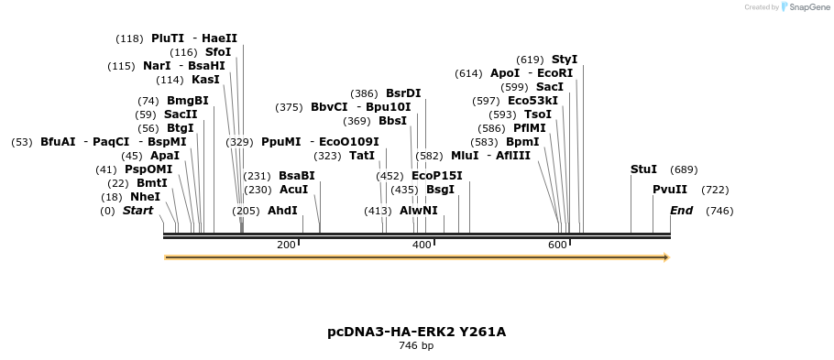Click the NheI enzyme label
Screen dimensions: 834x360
(x=145, y=197)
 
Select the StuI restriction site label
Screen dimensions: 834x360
(x=643, y=169)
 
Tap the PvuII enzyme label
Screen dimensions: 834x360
(x=669, y=190)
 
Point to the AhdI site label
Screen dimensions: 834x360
(x=282, y=211)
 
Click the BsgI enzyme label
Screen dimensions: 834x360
(x=440, y=190)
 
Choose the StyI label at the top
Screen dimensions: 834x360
(x=564, y=60)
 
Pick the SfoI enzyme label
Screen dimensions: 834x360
(x=218, y=52)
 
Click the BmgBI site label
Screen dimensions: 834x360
(x=187, y=101)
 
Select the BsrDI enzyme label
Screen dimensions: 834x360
(x=403, y=93)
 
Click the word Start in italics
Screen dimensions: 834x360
(x=137, y=211)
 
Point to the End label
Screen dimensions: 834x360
(x=681, y=211)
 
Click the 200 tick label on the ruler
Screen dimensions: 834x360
(x=286, y=245)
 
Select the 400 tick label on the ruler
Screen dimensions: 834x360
(x=422, y=245)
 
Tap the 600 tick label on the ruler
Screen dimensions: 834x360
(x=557, y=245)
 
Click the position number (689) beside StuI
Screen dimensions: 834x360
(x=684, y=169)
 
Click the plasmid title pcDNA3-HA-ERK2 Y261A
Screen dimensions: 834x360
(x=416, y=332)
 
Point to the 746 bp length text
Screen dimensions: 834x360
(x=416, y=346)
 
